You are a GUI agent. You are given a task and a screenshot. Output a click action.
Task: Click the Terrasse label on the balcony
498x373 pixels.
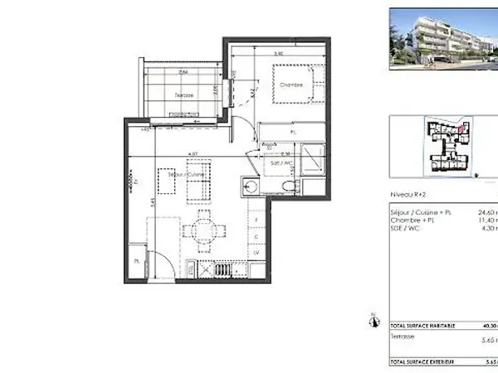click(184, 95)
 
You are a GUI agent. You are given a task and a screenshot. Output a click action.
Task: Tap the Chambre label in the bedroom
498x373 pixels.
click(290, 85)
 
